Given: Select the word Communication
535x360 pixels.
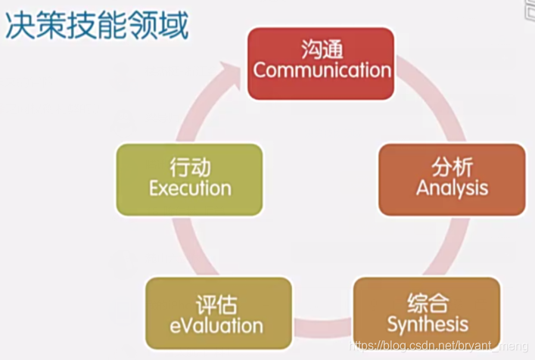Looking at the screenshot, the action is [322, 70].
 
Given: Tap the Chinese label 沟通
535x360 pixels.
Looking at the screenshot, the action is [322, 50].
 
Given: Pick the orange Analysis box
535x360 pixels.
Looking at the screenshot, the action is [452, 179].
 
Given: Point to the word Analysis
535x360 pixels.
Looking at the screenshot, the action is [452, 188].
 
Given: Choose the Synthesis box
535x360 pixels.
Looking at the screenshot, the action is [427, 312].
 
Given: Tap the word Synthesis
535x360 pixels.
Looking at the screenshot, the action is [427, 324].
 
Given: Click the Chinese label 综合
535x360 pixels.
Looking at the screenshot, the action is [427, 303].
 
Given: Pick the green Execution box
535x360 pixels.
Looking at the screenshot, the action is [189, 179].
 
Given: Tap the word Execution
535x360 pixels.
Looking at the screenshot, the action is [189, 188].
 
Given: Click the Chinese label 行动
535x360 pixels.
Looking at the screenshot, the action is [189, 167].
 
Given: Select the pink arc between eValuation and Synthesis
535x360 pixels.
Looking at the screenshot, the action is [322, 327].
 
